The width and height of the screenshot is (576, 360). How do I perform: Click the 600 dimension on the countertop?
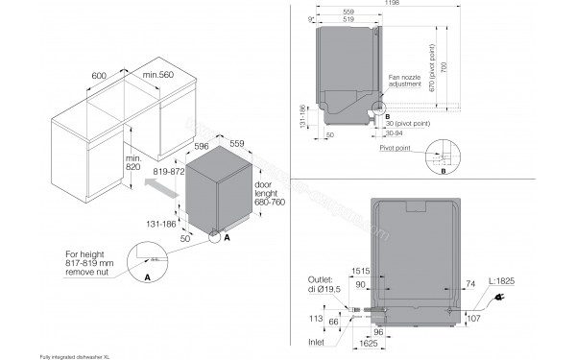pos(100,75)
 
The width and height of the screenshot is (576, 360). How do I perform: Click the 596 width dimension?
pos(203,146)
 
